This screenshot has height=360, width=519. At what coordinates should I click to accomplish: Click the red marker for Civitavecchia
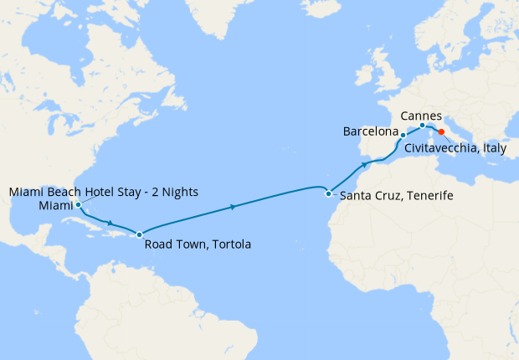441,131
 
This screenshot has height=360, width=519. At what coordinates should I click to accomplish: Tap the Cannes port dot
422,126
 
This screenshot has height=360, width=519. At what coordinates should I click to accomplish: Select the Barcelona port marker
403,135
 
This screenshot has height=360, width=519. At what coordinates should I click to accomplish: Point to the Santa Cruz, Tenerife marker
328,193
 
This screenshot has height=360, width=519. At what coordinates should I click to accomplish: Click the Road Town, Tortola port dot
139,234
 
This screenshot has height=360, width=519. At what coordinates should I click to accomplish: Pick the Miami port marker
77,204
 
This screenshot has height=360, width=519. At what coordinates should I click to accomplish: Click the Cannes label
421,115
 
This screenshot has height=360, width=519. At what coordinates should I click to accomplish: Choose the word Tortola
227,244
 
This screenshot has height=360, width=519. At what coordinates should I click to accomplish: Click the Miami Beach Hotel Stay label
103,192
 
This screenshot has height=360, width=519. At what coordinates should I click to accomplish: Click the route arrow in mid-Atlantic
232,206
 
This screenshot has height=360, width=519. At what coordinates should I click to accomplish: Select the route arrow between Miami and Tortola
110,224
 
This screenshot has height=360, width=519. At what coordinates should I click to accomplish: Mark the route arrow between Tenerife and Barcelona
365,165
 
